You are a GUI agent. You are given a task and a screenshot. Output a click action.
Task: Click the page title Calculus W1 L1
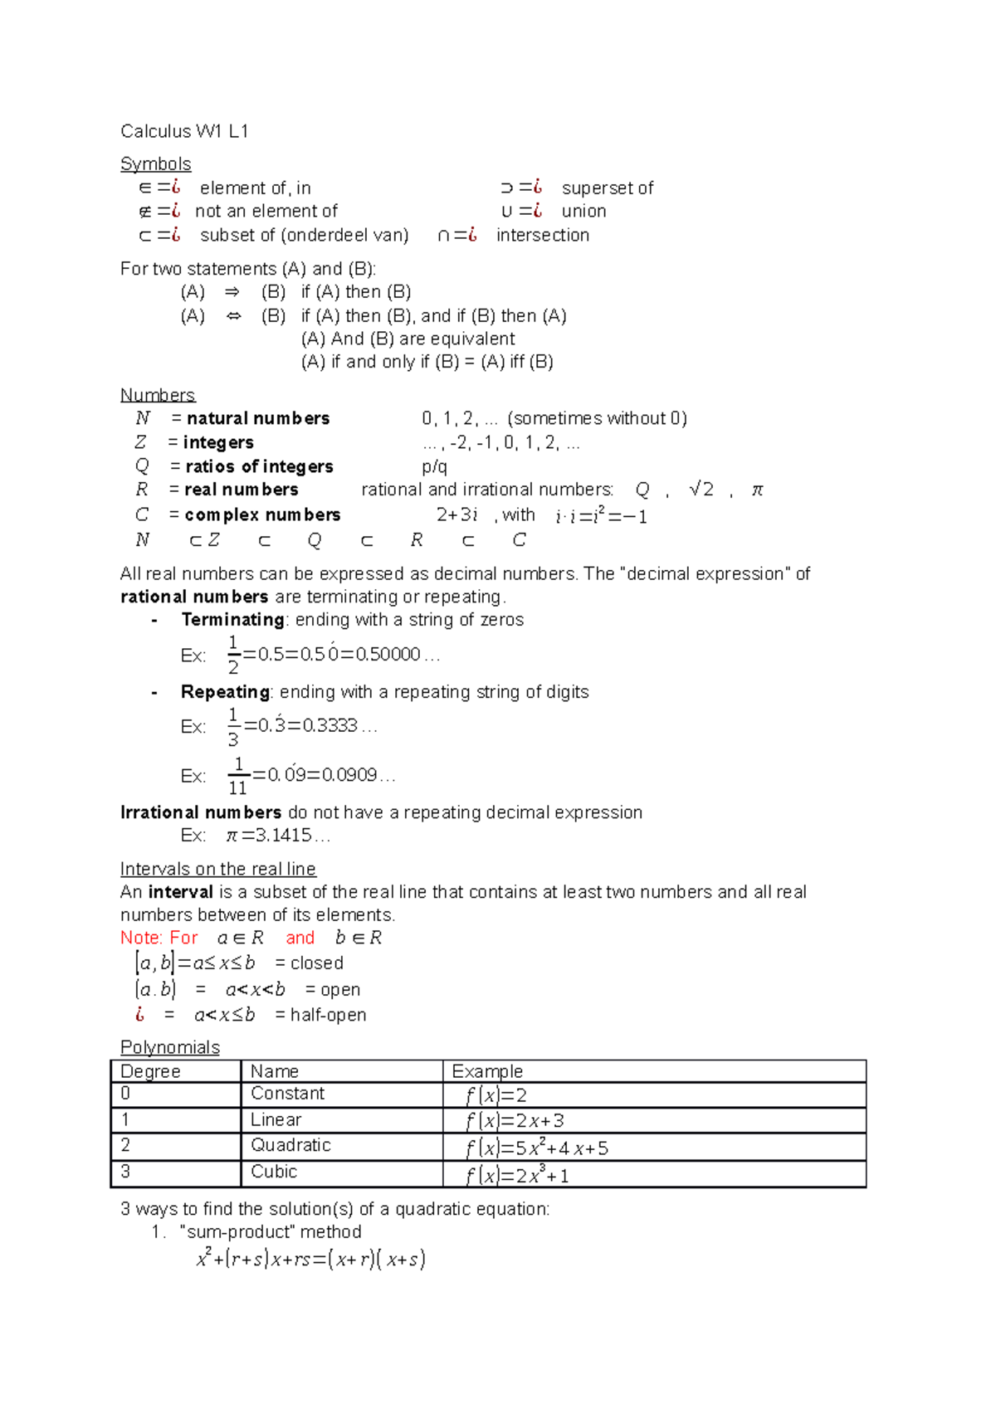click(184, 131)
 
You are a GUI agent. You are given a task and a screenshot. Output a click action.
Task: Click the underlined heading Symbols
click(155, 163)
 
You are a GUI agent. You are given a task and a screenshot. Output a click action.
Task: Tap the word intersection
click(543, 236)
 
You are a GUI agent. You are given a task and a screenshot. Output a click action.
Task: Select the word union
click(583, 212)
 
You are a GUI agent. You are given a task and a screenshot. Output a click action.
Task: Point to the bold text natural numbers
click(258, 418)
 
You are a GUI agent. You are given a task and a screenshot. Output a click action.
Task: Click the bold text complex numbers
click(262, 515)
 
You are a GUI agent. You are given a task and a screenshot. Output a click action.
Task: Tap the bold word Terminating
click(233, 620)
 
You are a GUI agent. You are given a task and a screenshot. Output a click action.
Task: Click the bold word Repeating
click(225, 692)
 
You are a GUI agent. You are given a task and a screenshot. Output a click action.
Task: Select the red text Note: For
click(159, 939)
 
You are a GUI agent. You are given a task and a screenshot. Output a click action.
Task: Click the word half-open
click(328, 1015)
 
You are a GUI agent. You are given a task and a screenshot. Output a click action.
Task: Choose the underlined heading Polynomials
click(170, 1047)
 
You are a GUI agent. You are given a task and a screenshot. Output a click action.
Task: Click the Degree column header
click(150, 1071)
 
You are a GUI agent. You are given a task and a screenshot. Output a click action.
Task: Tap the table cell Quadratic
click(290, 1146)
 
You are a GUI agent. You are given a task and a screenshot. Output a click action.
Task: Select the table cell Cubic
click(274, 1172)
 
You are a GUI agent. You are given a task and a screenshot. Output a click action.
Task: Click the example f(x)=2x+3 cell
click(515, 1121)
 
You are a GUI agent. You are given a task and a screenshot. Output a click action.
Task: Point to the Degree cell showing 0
click(125, 1094)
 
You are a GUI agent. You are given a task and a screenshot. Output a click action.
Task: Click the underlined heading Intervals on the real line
click(217, 869)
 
